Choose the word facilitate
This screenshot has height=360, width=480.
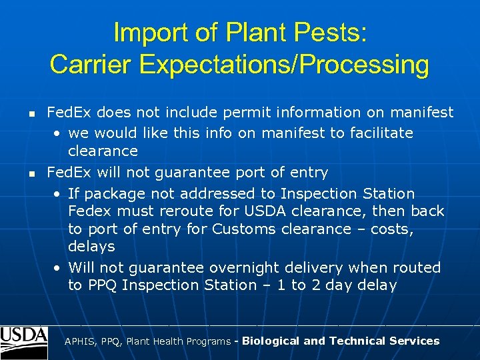380,133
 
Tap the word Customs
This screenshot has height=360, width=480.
245,229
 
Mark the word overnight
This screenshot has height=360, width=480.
245,267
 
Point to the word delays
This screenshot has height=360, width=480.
91,247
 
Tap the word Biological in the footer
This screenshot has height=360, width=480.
271,341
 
